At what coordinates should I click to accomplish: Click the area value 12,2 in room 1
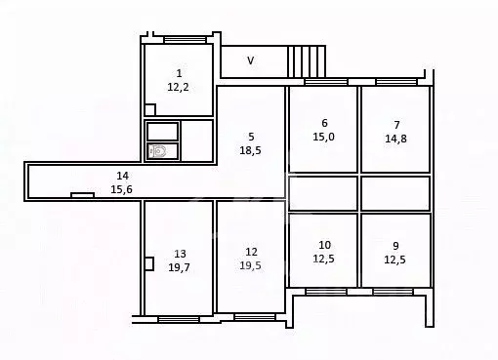click(178, 87)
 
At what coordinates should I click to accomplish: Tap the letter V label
click(250, 60)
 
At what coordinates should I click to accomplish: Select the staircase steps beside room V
click(306, 60)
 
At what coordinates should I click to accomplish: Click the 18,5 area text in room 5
click(251, 150)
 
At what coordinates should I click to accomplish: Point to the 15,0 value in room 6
click(323, 138)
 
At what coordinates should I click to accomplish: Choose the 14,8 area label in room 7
click(396, 139)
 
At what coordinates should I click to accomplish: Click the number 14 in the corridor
click(120, 176)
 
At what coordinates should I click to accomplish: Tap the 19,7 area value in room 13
click(179, 266)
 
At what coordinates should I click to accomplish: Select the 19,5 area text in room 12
click(251, 266)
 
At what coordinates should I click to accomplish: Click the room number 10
click(324, 245)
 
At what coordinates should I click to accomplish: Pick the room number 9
click(396, 245)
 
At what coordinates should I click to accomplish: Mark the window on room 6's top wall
click(325, 82)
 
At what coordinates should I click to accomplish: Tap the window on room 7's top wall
click(396, 82)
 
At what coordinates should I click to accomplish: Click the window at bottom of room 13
click(179, 318)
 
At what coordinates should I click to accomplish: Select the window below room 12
click(254, 316)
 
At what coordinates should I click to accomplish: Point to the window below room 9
click(394, 291)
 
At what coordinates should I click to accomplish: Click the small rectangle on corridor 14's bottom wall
click(83, 195)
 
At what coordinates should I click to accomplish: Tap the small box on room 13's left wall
click(148, 262)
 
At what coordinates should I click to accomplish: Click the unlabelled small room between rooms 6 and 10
click(323, 193)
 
